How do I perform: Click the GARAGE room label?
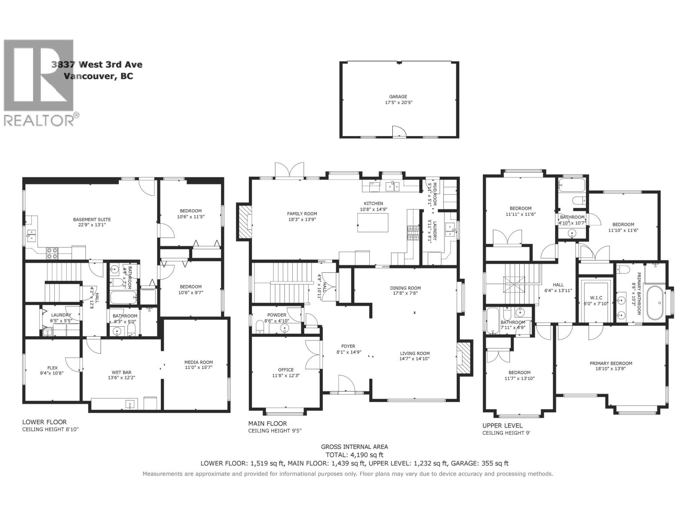click(x=398, y=97)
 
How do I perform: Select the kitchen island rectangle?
click(x=373, y=223)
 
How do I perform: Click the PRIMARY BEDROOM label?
click(x=611, y=363)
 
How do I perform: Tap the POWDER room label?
click(x=277, y=315)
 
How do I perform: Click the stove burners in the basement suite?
click(x=52, y=253)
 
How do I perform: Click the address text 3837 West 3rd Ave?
click(x=97, y=65)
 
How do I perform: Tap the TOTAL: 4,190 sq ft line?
click(x=354, y=455)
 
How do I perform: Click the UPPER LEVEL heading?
click(x=502, y=425)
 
